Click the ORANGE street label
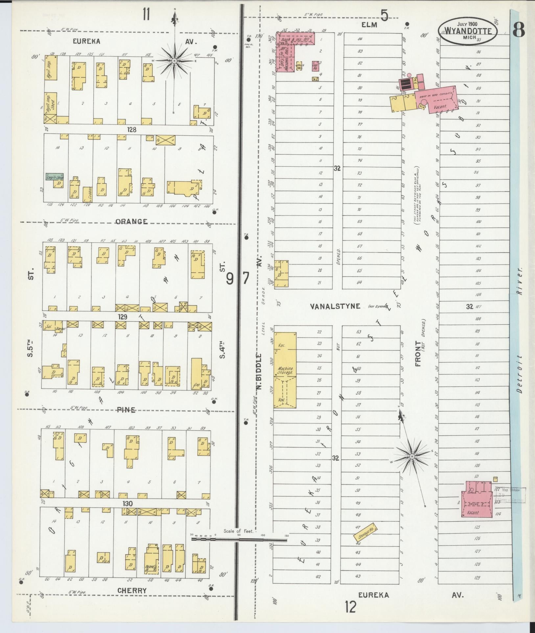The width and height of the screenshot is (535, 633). coord(131,221)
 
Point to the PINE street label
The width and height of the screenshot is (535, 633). coord(127,410)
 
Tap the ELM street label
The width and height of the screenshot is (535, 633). coord(369,24)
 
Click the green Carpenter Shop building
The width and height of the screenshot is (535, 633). coord(55,177)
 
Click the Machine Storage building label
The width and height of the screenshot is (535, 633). coord(285,371)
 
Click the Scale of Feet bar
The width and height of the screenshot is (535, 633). coord(239,539)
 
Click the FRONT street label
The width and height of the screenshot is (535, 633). coord(418,353)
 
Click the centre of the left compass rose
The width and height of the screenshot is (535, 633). coord(174,61)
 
